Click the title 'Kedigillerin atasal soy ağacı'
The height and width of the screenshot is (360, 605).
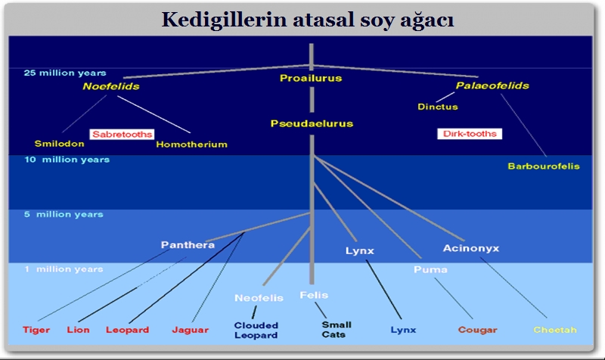(307, 20)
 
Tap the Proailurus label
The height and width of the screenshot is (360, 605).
(311, 78)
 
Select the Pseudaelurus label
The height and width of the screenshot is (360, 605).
(312, 123)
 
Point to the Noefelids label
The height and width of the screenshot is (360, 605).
(111, 86)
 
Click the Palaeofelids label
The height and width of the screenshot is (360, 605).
(492, 85)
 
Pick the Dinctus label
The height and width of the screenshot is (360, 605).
(437, 107)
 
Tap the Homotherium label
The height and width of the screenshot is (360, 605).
(191, 144)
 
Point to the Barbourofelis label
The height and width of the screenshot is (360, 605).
(544, 166)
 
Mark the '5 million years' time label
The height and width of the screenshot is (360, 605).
(63, 215)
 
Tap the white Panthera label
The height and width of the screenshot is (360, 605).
(188, 245)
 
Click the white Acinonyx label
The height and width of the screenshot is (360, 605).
(470, 248)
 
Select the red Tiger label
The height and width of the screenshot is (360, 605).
(36, 330)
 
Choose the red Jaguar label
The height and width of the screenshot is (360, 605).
(191, 330)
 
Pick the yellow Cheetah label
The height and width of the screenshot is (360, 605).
(555, 330)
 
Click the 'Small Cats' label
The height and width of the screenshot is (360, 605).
(336, 330)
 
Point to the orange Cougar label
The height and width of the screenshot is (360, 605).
(477, 330)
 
